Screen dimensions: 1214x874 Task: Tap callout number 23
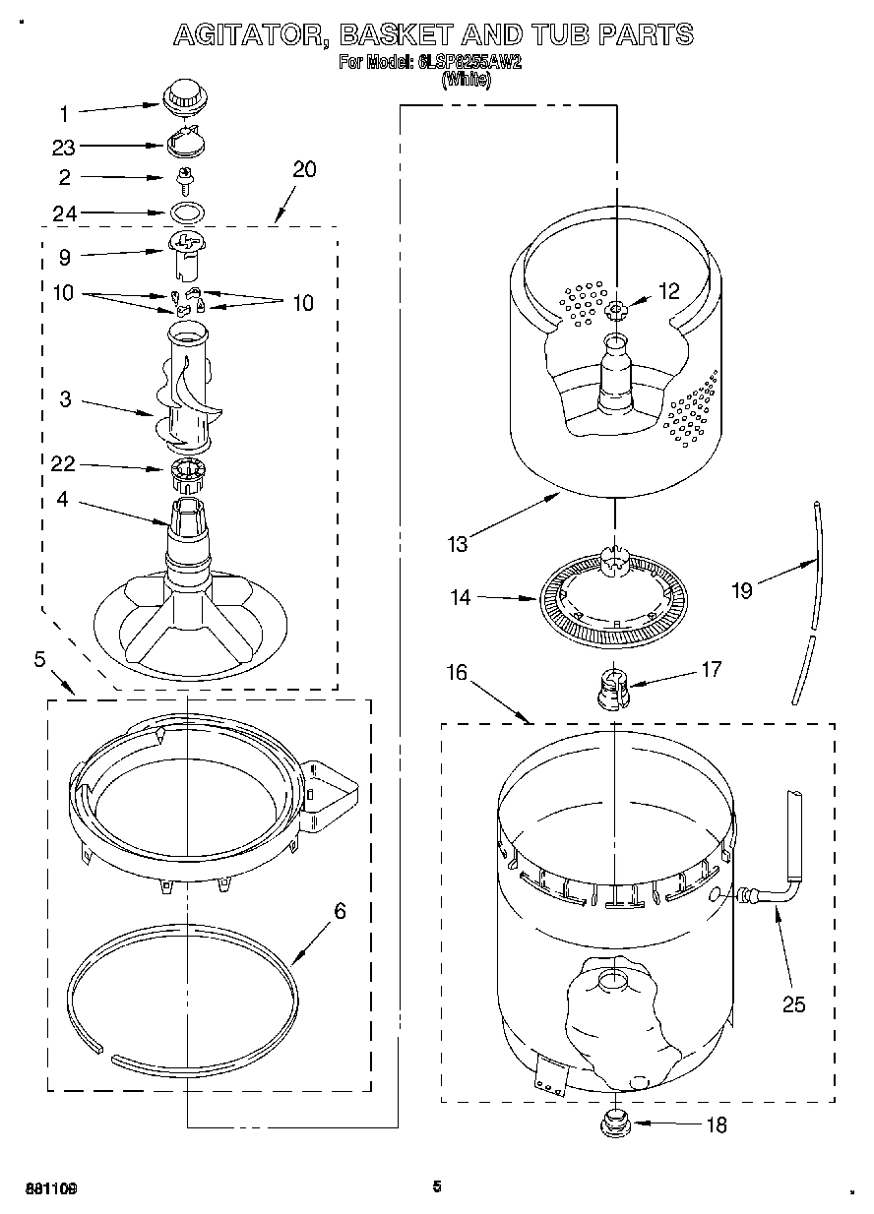[63, 147]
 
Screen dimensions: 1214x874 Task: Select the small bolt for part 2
[183, 178]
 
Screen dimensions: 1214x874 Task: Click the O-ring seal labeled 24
[184, 212]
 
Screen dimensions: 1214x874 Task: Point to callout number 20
[304, 169]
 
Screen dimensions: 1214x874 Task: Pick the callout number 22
[63, 463]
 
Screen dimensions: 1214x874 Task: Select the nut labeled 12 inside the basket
[616, 312]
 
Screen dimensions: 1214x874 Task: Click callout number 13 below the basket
[456, 542]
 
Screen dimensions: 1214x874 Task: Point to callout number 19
[741, 590]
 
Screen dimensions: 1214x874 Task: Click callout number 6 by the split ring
[340, 911]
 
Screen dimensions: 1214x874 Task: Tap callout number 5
[40, 659]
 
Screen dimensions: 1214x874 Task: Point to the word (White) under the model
[466, 81]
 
